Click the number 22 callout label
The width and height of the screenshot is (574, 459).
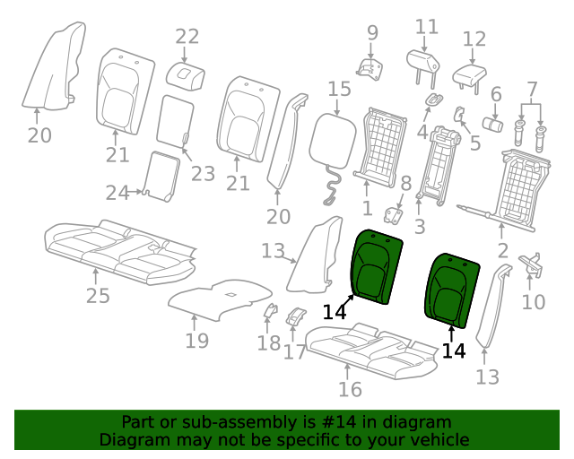[x=187, y=37]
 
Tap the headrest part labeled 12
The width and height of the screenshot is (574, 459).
[x=470, y=78]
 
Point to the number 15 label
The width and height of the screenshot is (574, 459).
[x=339, y=89]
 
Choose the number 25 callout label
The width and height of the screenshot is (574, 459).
[x=98, y=296]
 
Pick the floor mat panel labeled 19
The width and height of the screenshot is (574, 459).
[x=220, y=300]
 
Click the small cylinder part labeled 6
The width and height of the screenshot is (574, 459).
[x=492, y=125]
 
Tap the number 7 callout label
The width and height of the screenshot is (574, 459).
[x=532, y=90]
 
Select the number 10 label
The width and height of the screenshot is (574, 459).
[x=534, y=302]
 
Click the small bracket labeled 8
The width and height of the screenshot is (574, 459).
[x=393, y=215]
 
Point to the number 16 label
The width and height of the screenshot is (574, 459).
[x=350, y=389]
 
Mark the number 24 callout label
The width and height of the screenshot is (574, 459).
[x=117, y=193]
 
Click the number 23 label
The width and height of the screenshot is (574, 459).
[x=203, y=174]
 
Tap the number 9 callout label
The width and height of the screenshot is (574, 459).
[x=372, y=33]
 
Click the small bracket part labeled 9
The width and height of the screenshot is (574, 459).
[x=370, y=69]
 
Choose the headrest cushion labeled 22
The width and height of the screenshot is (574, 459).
[x=186, y=76]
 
